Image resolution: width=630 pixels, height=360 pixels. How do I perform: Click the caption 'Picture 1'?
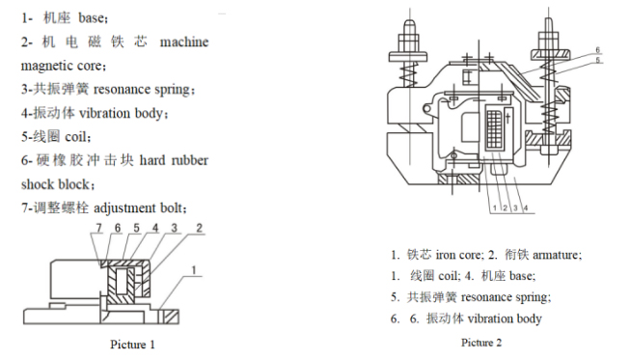pyautogui.click(x=132, y=344)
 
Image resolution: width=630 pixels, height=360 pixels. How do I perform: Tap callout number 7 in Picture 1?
pyautogui.click(x=98, y=227)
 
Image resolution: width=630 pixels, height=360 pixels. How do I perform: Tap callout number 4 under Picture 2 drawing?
pyautogui.click(x=523, y=207)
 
